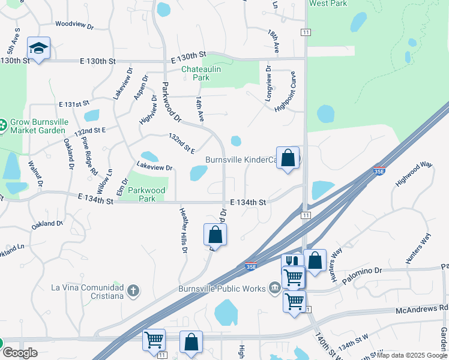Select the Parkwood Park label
tap(147, 194)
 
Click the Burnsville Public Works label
tap(222, 289)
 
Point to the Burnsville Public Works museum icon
tap(275, 289)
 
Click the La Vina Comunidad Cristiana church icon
tap(134, 292)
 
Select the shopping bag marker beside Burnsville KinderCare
tap(288, 158)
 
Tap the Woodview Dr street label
tap(74, 26)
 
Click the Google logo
tap(20, 353)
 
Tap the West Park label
tap(328, 4)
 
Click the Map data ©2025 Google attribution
tap(412, 355)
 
